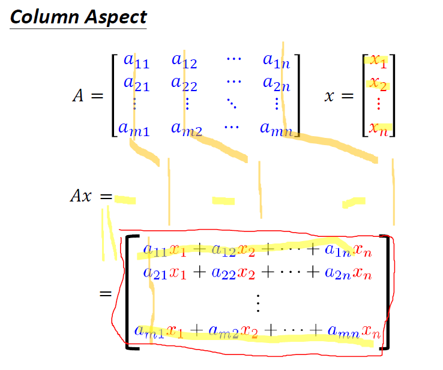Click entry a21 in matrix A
(x=136, y=83)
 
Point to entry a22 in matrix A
(x=184, y=84)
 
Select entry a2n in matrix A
(x=276, y=84)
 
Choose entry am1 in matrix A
(x=134, y=128)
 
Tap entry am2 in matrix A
(x=185, y=128)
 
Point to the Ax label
(x=82, y=197)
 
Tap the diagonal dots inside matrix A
(x=232, y=106)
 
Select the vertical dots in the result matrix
(x=259, y=302)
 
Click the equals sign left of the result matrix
(x=106, y=294)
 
